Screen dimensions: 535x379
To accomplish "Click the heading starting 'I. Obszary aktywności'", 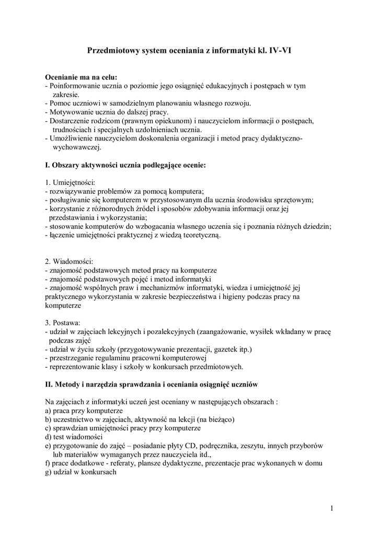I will click(125, 165).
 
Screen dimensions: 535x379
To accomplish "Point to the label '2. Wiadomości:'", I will click(68, 261).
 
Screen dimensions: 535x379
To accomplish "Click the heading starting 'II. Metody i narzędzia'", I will click(152, 385).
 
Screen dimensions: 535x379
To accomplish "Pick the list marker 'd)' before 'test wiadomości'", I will click(49, 437).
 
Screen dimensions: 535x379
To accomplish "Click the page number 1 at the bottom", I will click(332, 508).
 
